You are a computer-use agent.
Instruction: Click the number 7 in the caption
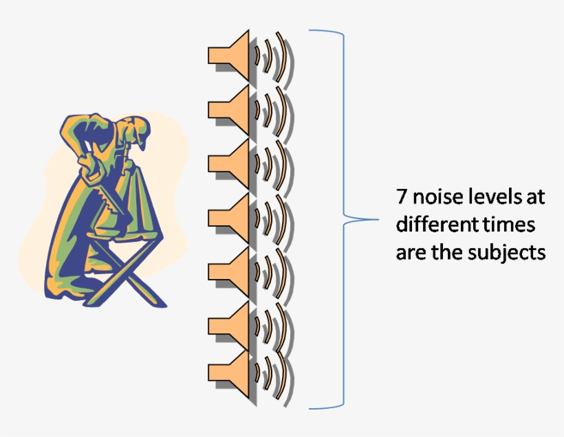tap(402, 197)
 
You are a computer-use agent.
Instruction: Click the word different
tap(435, 224)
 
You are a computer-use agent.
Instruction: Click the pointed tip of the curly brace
tap(378, 219)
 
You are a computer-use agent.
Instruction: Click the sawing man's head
tap(136, 130)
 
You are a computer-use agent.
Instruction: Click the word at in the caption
tap(536, 197)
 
